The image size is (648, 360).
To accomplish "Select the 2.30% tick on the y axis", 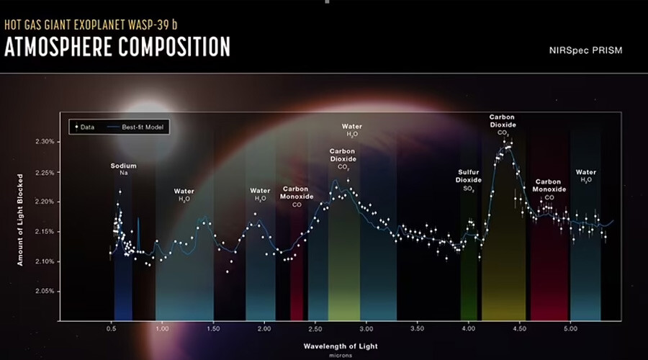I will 45,142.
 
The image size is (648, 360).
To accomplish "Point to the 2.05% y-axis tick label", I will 45,291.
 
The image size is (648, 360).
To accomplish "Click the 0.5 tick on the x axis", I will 111,328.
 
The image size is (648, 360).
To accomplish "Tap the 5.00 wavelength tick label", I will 570,328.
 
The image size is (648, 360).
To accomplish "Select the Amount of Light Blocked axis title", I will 22,219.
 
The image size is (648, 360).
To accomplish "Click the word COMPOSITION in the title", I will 176,47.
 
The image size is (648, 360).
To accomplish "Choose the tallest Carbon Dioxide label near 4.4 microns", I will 503,124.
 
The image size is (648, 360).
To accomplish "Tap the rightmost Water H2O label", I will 585,176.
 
